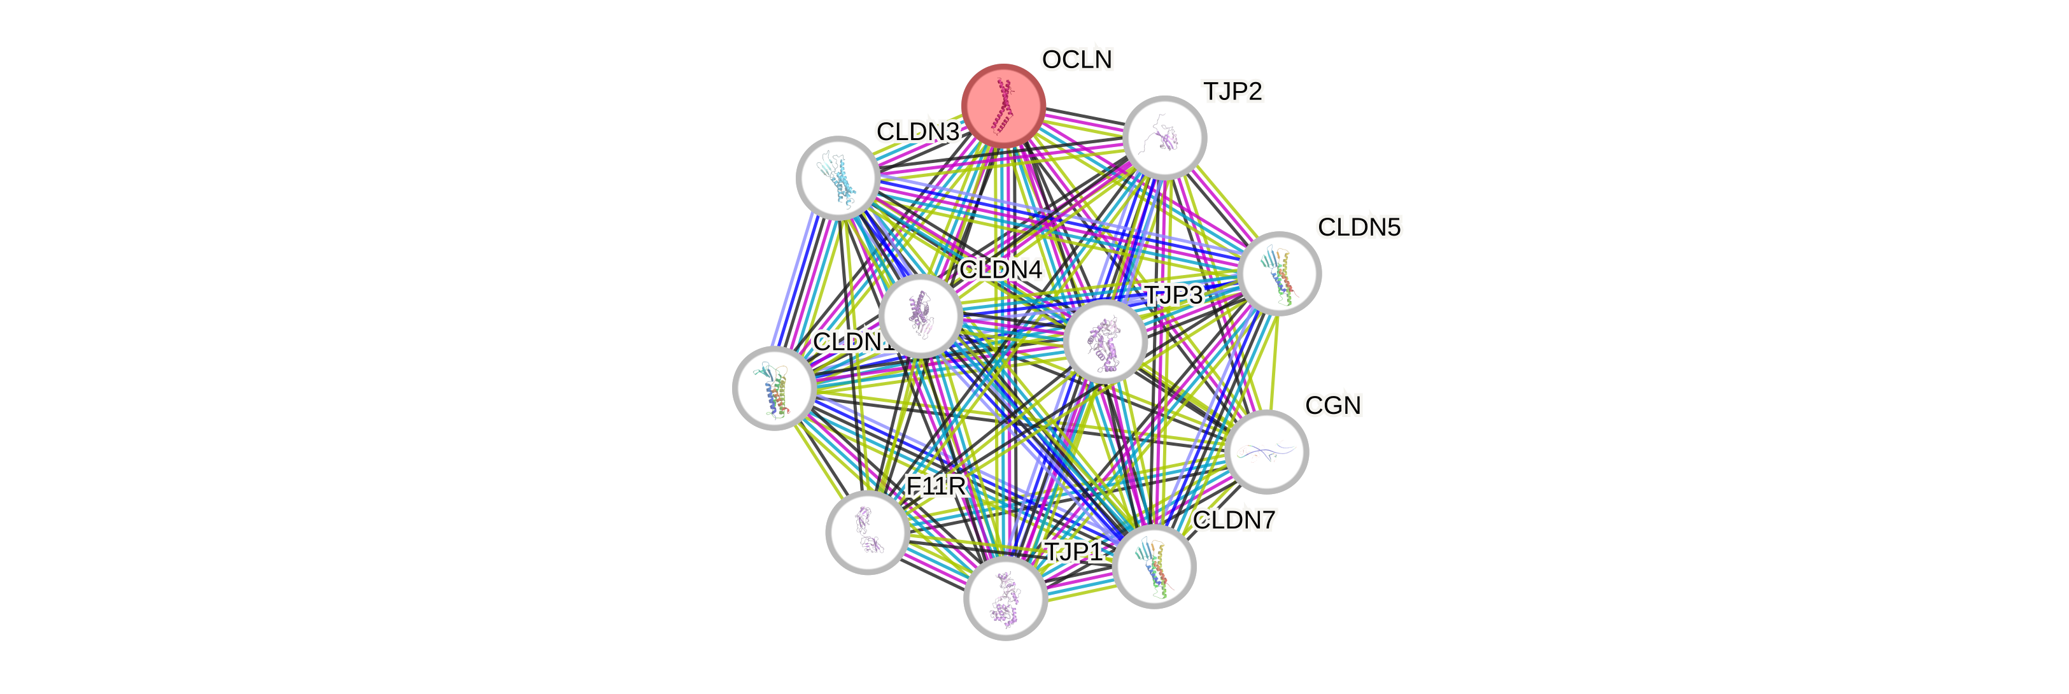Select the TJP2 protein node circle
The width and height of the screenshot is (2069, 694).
1164,138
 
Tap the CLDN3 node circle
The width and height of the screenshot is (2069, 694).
838,178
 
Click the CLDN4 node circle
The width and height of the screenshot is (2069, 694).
921,316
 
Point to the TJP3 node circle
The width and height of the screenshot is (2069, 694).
1105,341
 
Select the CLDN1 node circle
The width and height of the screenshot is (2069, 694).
774,389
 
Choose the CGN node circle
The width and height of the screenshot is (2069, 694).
1268,452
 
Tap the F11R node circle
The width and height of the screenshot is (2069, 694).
868,532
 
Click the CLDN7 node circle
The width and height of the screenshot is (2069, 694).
1155,566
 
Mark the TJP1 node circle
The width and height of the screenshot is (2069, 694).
1005,598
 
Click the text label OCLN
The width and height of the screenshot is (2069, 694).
1077,59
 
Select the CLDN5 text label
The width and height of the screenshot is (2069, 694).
1359,227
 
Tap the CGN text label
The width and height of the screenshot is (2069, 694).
1332,406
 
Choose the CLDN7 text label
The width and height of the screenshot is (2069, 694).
1234,521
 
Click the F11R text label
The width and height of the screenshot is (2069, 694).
935,486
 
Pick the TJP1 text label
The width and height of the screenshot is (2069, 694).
1073,552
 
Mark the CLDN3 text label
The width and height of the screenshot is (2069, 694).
917,132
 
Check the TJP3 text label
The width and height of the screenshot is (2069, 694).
1173,295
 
